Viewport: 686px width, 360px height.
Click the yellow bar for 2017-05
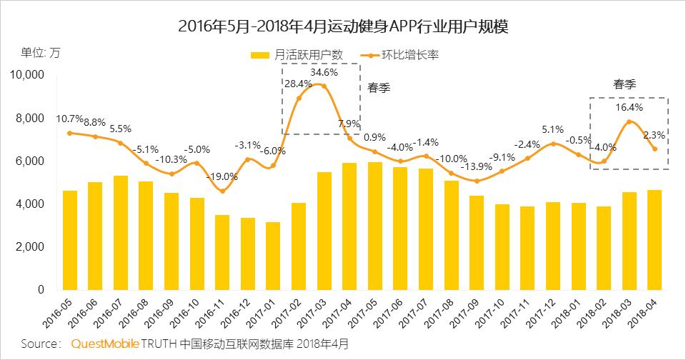click(374, 226)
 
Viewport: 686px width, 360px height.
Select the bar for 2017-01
click(273, 256)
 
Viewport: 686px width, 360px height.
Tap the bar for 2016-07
click(121, 233)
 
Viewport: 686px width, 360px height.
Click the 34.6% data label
click(324, 72)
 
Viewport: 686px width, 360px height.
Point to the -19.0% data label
click(222, 176)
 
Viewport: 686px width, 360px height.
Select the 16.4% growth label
click(630, 108)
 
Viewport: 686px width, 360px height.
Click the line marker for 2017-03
click(324, 86)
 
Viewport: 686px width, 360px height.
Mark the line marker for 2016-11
click(222, 191)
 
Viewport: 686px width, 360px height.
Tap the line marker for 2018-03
click(630, 122)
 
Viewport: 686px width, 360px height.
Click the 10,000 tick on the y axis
click(26, 75)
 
